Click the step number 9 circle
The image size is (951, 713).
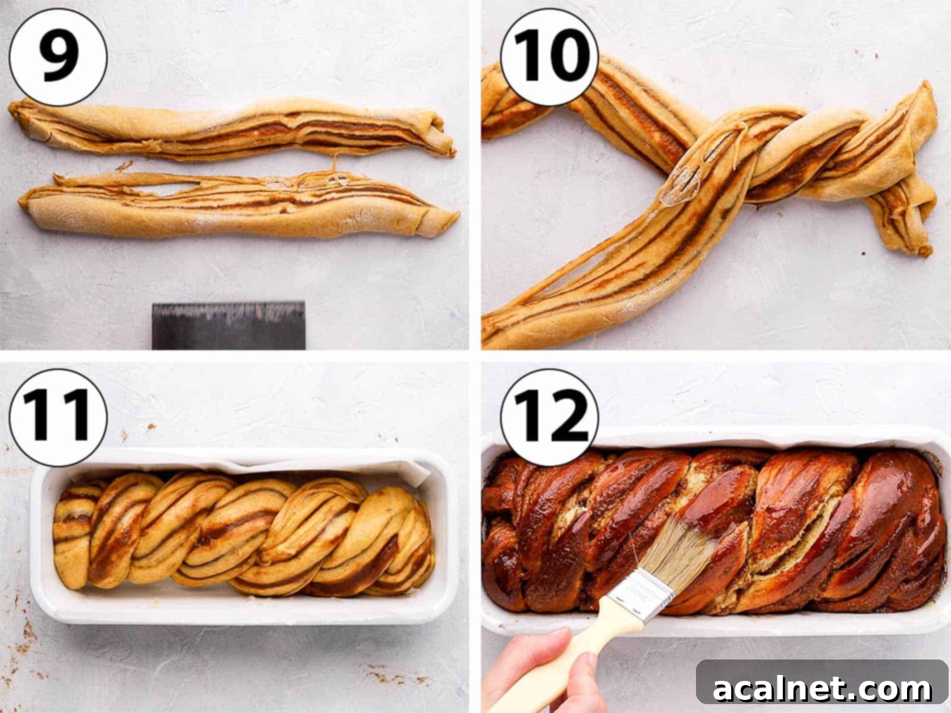[x=58, y=56]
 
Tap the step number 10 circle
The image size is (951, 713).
[x=549, y=56]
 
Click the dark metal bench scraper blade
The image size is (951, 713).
[x=228, y=325]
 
